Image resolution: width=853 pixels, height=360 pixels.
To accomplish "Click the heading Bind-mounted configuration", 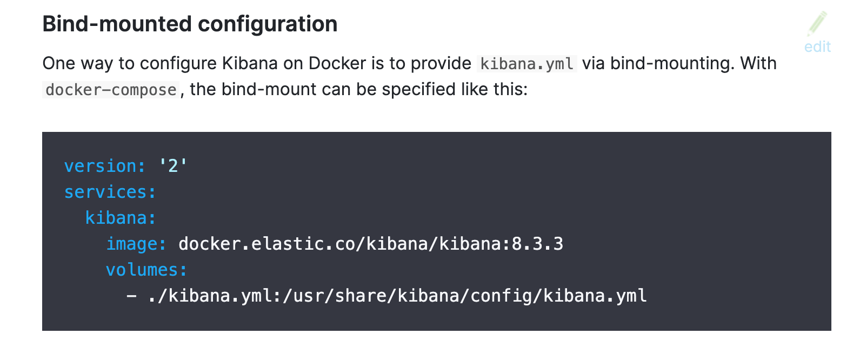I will tap(190, 24).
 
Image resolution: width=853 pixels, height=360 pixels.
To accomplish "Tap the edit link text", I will tap(817, 47).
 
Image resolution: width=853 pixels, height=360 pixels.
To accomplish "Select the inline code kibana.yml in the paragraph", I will tap(527, 64).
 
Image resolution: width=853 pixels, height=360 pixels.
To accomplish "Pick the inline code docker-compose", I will tap(111, 90).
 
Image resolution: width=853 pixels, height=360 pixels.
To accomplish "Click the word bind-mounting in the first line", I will tap(672, 64).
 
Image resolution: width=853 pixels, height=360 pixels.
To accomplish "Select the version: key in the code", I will tap(105, 166).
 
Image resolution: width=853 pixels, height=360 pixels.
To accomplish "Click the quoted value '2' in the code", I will tap(173, 166).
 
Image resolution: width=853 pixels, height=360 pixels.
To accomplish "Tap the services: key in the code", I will tap(110, 192).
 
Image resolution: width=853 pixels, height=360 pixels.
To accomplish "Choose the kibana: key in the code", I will tap(121, 218).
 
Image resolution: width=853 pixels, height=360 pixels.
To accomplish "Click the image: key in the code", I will tap(136, 244).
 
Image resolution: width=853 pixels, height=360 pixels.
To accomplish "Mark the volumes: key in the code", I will tap(146, 270).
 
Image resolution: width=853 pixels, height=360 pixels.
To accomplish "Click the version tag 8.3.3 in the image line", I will tap(537, 244).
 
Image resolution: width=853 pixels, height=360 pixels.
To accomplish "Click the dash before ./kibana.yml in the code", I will tap(131, 296).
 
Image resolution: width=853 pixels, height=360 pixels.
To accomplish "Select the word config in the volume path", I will tap(502, 296).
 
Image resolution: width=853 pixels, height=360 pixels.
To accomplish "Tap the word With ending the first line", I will tap(758, 64).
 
